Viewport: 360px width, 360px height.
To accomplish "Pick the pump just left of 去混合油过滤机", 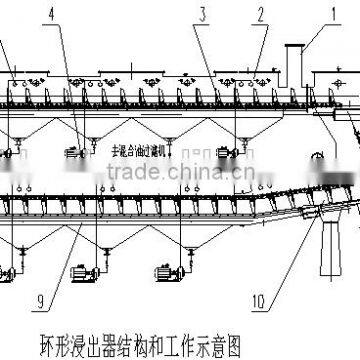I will point(76,151).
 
